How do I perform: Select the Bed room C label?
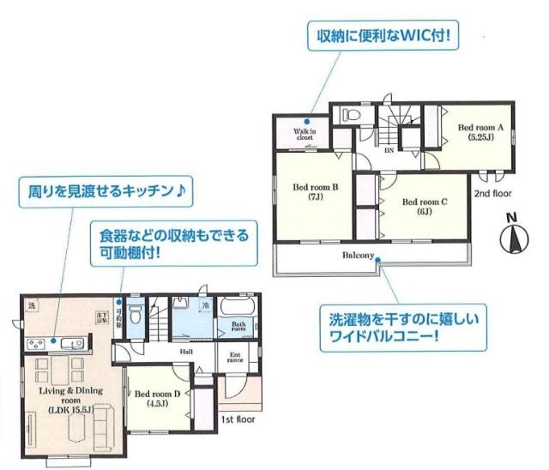[x=425, y=207]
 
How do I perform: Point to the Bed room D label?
[x=157, y=398]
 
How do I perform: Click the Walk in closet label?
[x=305, y=134]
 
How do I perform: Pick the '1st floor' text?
[x=239, y=419]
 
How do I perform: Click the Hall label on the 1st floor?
[x=186, y=352]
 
